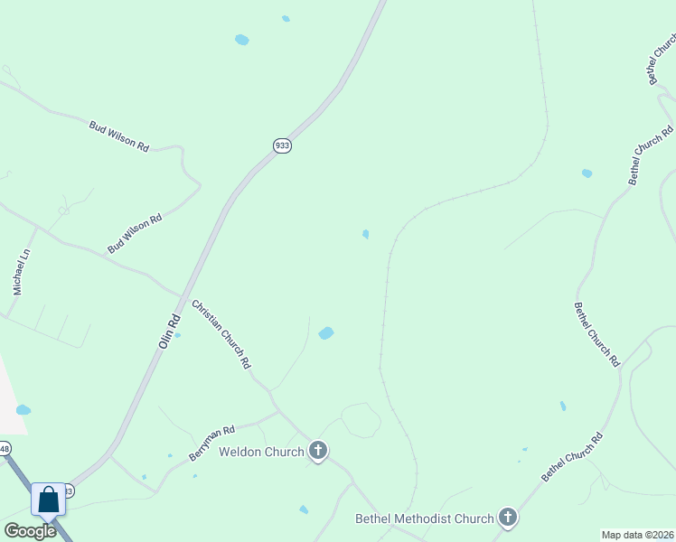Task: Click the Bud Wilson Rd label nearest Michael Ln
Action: tap(135, 233)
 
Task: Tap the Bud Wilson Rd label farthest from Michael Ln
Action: tap(118, 135)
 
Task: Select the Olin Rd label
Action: tap(170, 325)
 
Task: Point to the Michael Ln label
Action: tap(22, 272)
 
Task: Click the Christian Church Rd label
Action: tap(220, 334)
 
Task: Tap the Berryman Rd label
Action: tap(211, 444)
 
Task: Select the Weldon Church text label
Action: tap(261, 451)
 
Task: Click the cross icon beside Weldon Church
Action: tap(317, 450)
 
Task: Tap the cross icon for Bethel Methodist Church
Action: tap(508, 518)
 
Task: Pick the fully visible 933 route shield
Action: tap(283, 145)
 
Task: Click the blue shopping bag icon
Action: tap(48, 500)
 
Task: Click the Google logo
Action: tap(30, 531)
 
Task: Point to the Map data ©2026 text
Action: tap(636, 534)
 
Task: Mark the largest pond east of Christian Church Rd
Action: tap(326, 333)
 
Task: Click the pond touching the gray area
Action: tap(23, 410)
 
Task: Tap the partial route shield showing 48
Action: tap(5, 449)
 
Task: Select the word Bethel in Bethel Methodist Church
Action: tap(374, 519)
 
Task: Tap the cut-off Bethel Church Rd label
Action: tap(662, 60)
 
